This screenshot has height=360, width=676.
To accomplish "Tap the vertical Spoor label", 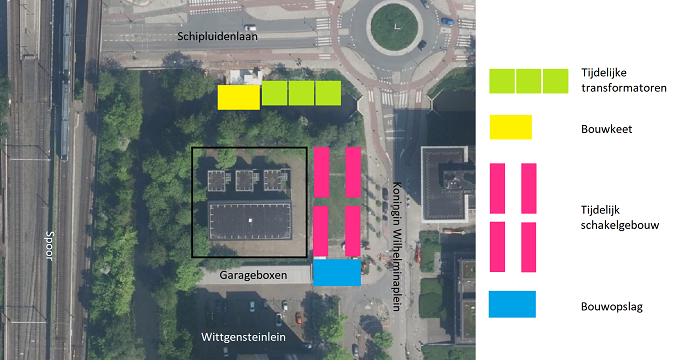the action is click(x=48, y=246).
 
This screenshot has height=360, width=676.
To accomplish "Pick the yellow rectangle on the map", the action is click(x=238, y=97).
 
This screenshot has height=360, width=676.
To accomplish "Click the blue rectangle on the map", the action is click(x=337, y=273).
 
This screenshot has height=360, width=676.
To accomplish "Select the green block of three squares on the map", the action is click(x=301, y=93).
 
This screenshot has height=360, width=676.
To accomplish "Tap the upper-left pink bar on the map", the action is click(x=321, y=172).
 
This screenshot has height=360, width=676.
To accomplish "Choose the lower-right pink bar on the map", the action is click(x=353, y=230).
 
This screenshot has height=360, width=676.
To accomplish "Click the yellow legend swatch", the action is click(x=510, y=128).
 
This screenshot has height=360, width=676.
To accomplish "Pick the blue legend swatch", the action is click(x=512, y=304).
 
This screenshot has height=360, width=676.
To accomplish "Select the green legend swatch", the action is click(x=528, y=81).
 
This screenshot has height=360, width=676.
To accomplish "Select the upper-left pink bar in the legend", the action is click(x=497, y=188).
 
